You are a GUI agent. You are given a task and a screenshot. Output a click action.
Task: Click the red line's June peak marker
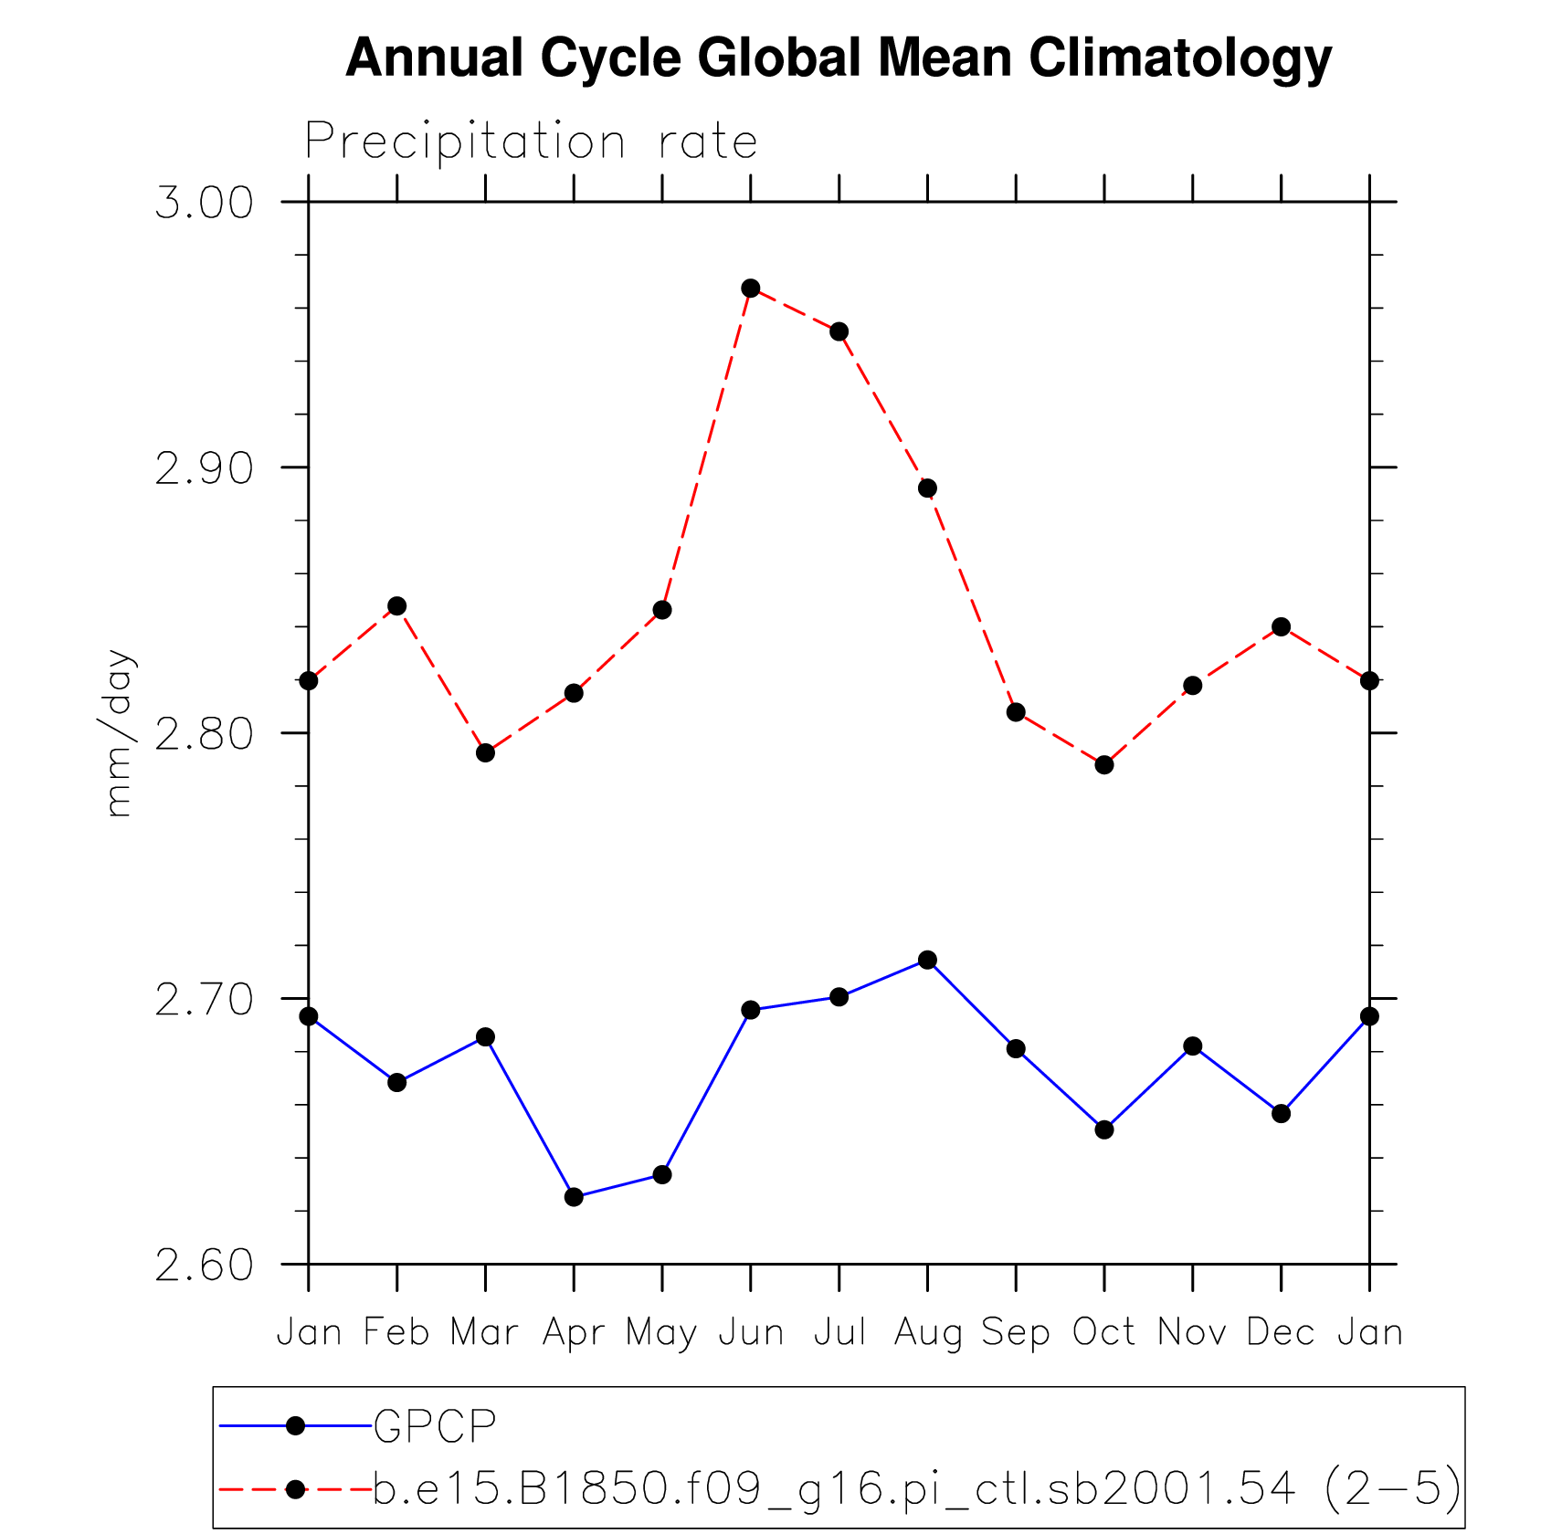[751, 289]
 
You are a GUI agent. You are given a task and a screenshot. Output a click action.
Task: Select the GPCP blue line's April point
[574, 1197]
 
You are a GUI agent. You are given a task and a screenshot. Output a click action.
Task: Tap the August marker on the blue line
[927, 960]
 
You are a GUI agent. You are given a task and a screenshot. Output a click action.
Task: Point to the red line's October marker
[1104, 765]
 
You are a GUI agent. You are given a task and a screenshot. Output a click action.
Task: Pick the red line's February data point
[397, 606]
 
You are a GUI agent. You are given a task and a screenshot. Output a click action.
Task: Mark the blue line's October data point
[1104, 1130]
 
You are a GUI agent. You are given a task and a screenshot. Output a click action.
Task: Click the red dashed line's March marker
[485, 753]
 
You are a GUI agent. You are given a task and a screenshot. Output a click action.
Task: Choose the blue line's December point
[1282, 1114]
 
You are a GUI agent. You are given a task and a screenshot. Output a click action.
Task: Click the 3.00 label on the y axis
[204, 203]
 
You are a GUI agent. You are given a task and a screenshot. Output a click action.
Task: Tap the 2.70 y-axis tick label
[204, 1000]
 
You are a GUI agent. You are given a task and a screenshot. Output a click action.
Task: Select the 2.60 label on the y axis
[204, 1266]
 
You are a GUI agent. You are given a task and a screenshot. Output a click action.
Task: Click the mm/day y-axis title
[119, 733]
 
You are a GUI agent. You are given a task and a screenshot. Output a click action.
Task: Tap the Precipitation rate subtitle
[531, 142]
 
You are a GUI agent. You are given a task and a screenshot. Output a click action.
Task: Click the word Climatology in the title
[1179, 58]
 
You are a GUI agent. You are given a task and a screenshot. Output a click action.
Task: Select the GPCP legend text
[435, 1426]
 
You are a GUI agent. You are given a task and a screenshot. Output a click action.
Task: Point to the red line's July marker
[839, 331]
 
